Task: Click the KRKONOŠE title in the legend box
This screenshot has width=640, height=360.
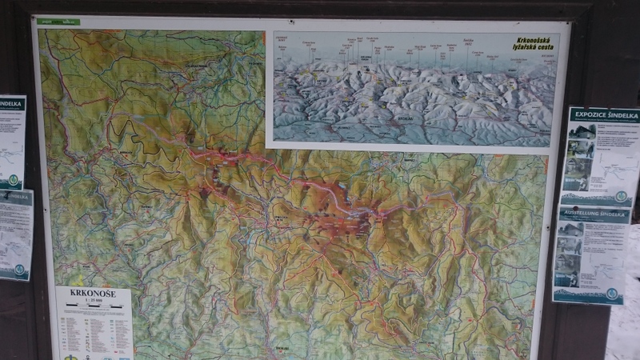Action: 92,294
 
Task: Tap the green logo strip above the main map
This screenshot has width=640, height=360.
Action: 60,22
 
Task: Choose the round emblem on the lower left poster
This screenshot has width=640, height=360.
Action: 19,270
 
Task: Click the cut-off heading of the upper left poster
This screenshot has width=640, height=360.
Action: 11,103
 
